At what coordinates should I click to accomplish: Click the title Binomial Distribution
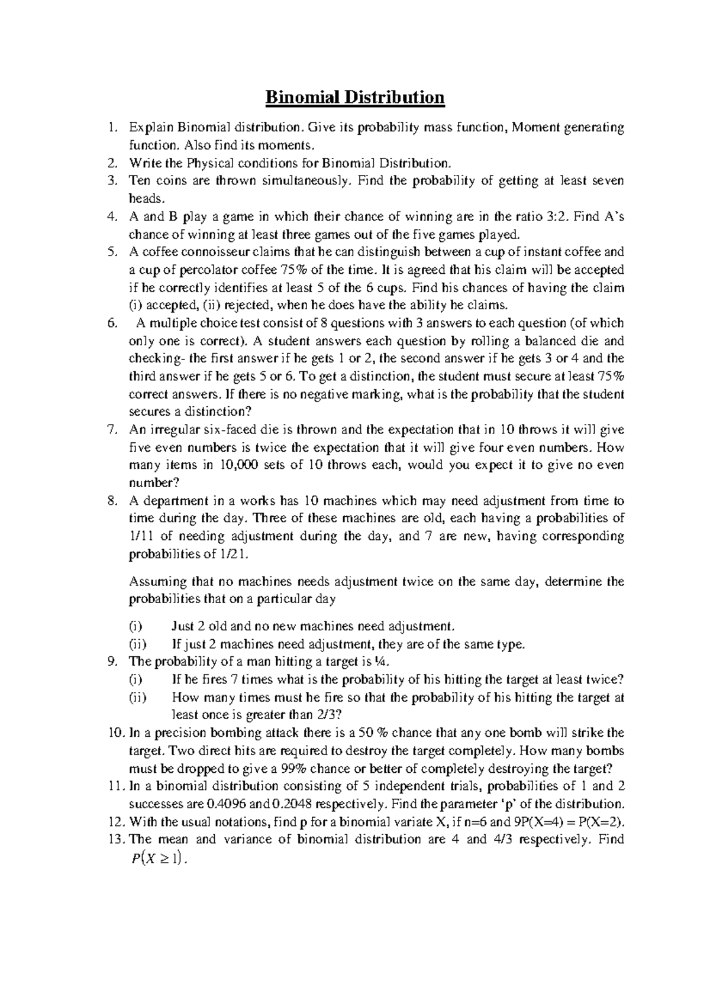tap(354, 96)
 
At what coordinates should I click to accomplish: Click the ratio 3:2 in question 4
tap(554, 216)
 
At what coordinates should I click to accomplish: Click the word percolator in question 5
tap(205, 270)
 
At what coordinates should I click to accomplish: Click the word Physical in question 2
tap(210, 163)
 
